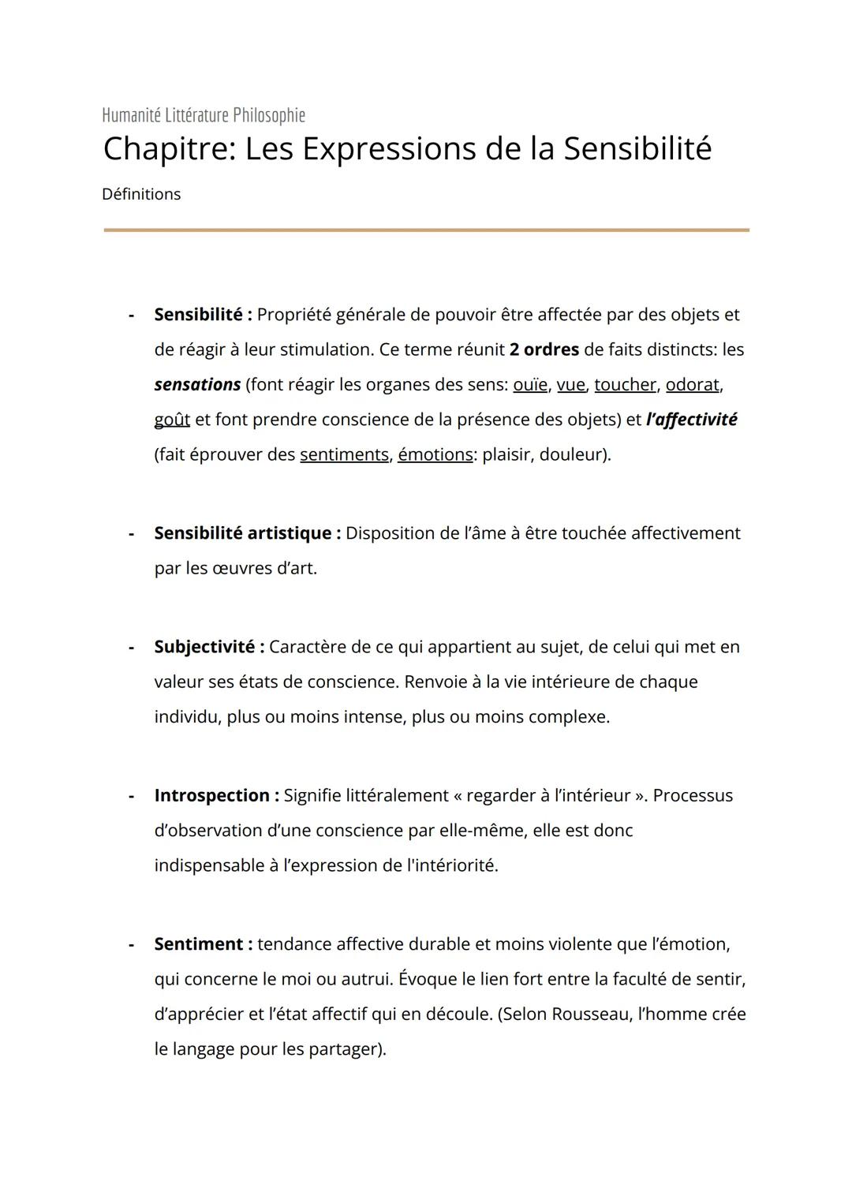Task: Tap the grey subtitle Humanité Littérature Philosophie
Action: pyautogui.click(x=204, y=115)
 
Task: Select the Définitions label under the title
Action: pyautogui.click(x=141, y=194)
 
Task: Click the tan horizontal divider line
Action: pyautogui.click(x=426, y=230)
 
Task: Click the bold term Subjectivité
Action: pyautogui.click(x=204, y=647)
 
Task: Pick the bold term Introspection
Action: pyautogui.click(x=212, y=795)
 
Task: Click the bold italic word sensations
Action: pyautogui.click(x=197, y=385)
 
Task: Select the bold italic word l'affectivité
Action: pyautogui.click(x=691, y=420)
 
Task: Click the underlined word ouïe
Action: pyautogui.click(x=530, y=385)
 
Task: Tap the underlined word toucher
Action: pyautogui.click(x=625, y=385)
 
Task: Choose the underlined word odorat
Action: pyautogui.click(x=693, y=385)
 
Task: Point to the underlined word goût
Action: pyautogui.click(x=172, y=420)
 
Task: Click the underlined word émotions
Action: pyautogui.click(x=435, y=455)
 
